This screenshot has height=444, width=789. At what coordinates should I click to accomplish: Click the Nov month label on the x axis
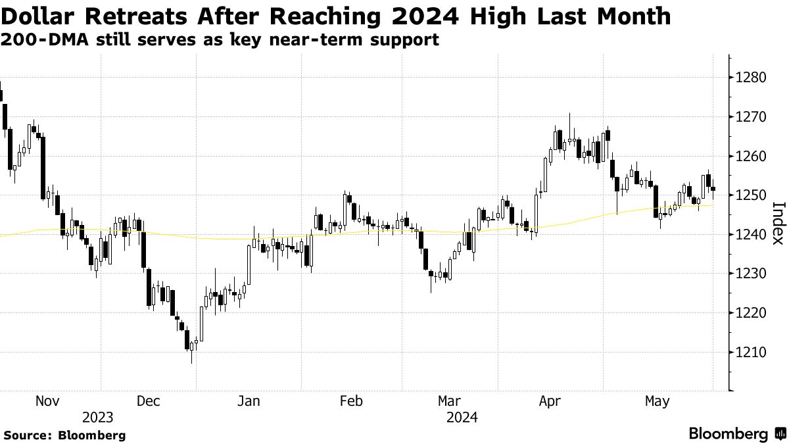tap(47, 401)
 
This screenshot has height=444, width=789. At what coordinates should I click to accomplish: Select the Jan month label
tap(249, 401)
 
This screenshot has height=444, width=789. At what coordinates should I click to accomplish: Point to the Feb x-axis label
tap(350, 401)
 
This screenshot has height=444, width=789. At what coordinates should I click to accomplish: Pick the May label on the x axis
tap(657, 401)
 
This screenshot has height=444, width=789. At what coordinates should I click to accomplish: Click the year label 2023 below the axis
tap(98, 417)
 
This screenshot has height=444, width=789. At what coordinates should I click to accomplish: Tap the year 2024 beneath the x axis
tap(462, 417)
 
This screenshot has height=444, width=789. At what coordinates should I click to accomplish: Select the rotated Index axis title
tap(777, 223)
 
